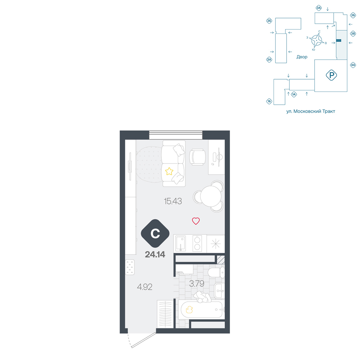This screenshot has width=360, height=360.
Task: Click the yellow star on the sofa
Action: pyautogui.click(x=169, y=171)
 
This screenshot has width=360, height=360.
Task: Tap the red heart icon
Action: pyautogui.click(x=196, y=221)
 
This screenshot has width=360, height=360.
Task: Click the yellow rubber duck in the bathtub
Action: pyautogui.click(x=189, y=310)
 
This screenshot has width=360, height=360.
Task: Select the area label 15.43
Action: pyautogui.click(x=173, y=201)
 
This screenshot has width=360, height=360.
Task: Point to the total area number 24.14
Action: pyautogui.click(x=155, y=255)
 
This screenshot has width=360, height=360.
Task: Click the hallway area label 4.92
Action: pyautogui.click(x=145, y=287)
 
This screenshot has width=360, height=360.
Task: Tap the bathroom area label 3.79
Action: pyautogui.click(x=197, y=284)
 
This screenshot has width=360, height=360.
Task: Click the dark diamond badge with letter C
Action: pyautogui.click(x=155, y=234)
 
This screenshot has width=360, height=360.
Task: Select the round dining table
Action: pyautogui.click(x=211, y=196)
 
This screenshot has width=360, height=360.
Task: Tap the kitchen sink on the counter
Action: pyautogui.click(x=181, y=243)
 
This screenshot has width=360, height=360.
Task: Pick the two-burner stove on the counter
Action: pyautogui.click(x=197, y=243)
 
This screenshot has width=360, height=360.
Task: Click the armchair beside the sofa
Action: pyautogui.click(x=197, y=157)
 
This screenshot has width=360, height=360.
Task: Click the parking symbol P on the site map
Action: pyautogui.click(x=331, y=75)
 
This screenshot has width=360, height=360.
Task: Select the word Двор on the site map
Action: pyautogui.click(x=302, y=57)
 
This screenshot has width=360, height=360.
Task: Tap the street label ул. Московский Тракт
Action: pyautogui.click(x=311, y=111)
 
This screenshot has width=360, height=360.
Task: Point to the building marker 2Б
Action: pyautogui.click(x=269, y=21)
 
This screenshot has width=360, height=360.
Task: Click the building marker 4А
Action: pyautogui.click(x=353, y=65)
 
